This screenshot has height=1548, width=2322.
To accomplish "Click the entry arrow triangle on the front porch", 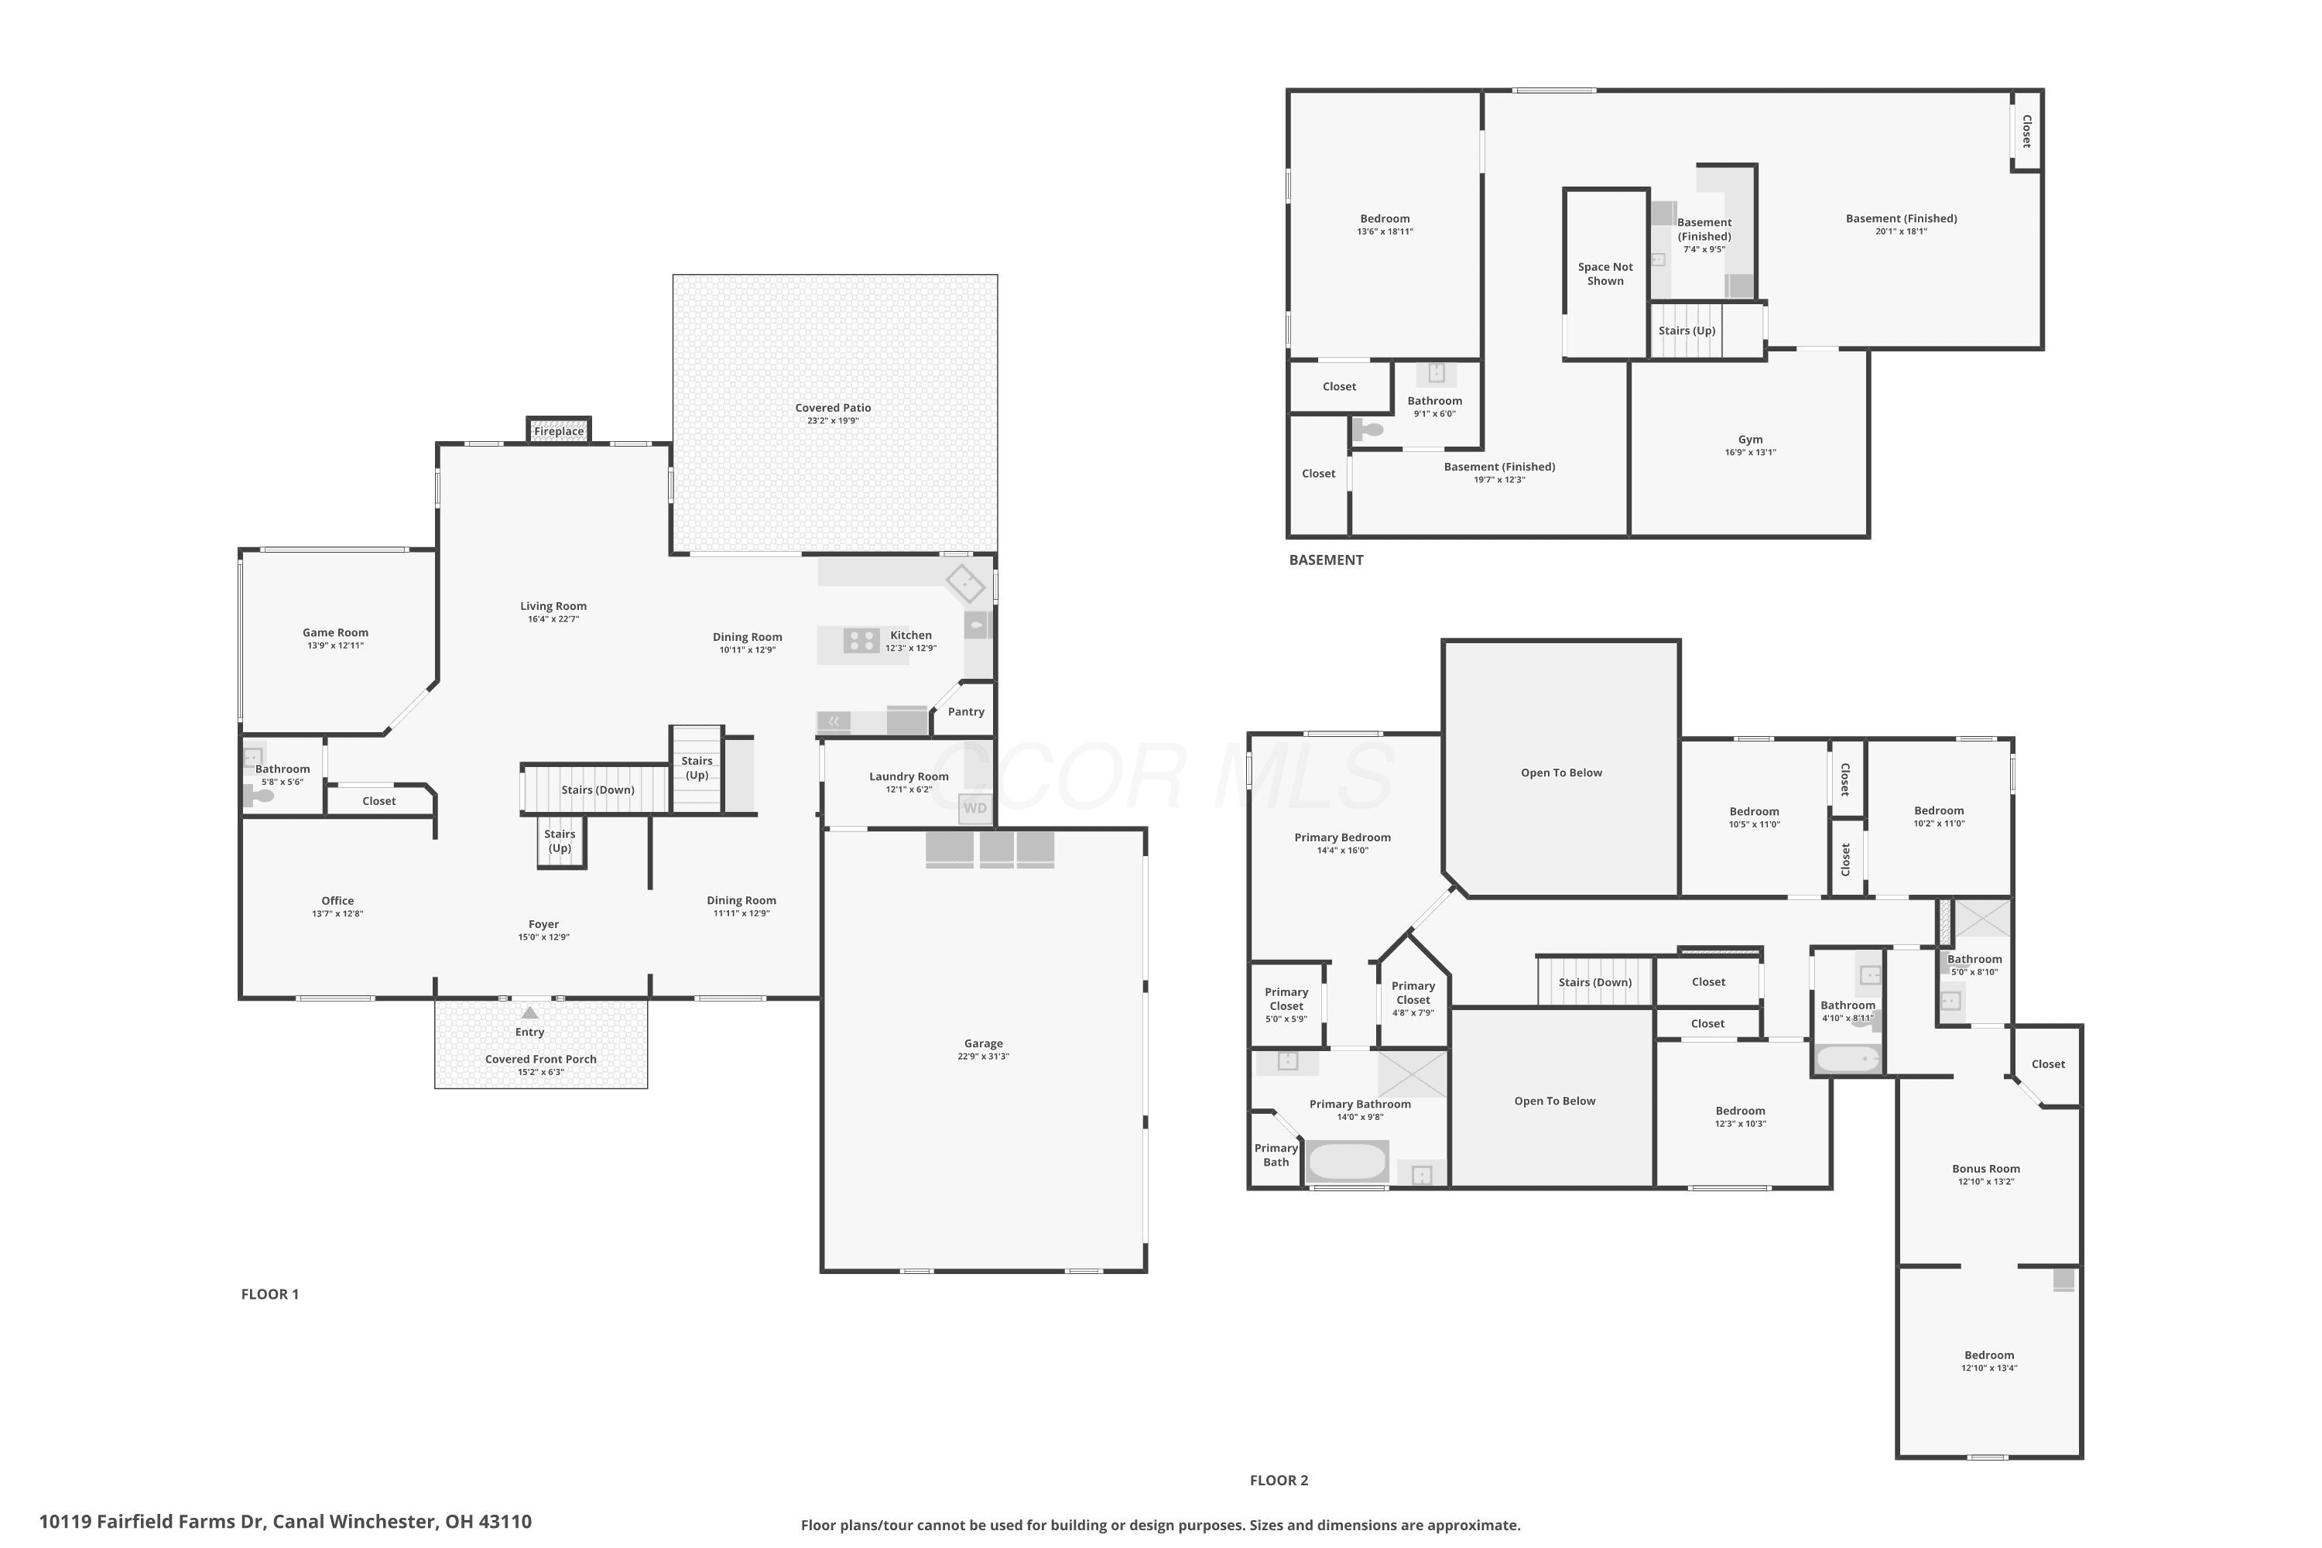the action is click(x=530, y=1012).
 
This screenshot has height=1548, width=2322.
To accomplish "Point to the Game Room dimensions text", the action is click(x=336, y=646).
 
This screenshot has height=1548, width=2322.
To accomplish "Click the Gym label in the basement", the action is click(x=1750, y=440).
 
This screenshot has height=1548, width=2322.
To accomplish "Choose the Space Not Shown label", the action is click(x=1605, y=273).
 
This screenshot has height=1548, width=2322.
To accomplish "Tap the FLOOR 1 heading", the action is click(x=269, y=1294).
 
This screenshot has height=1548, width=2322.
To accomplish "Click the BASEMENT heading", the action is click(x=1326, y=560).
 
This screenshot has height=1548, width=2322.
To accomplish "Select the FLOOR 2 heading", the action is click(x=1279, y=1480).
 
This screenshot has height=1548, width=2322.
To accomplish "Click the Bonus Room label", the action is click(x=1985, y=1169).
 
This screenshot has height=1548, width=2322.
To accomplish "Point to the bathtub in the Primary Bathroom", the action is click(x=1348, y=1162).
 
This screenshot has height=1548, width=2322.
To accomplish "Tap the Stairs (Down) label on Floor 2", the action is click(x=1594, y=982).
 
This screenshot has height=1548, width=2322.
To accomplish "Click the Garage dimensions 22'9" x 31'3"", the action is click(x=983, y=1057).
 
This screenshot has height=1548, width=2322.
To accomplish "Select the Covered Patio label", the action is click(x=834, y=408).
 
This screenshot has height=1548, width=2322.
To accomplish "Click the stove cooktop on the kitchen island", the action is click(x=861, y=641).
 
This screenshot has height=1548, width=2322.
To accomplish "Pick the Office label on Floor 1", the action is click(x=337, y=900).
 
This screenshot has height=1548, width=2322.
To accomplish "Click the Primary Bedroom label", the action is click(x=1343, y=837).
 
